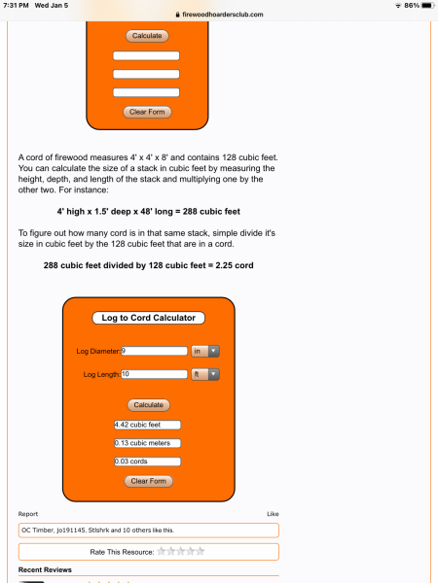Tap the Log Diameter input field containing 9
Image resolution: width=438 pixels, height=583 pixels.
[x=153, y=351]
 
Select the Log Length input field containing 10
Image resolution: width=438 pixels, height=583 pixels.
[x=153, y=374]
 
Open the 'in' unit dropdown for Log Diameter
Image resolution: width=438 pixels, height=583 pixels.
[x=205, y=351]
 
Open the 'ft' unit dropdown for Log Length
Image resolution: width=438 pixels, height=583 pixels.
[x=205, y=374]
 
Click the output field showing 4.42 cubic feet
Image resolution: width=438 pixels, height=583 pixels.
[x=148, y=425]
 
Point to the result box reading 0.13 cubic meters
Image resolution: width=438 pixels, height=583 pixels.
[x=148, y=443]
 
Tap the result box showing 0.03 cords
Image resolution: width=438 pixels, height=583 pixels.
[x=148, y=462]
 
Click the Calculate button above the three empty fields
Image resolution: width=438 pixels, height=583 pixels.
[x=148, y=36]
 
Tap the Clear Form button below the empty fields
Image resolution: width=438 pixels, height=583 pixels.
[x=148, y=112]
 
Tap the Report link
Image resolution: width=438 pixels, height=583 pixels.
[x=28, y=513]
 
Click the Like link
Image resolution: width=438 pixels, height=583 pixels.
[x=273, y=513]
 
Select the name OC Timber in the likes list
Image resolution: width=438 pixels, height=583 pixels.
[x=37, y=530]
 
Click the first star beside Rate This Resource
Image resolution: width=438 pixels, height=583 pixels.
[x=162, y=551]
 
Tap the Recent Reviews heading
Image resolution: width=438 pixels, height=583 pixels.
[x=47, y=569]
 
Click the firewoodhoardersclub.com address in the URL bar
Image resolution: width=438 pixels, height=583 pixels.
[x=223, y=14]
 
